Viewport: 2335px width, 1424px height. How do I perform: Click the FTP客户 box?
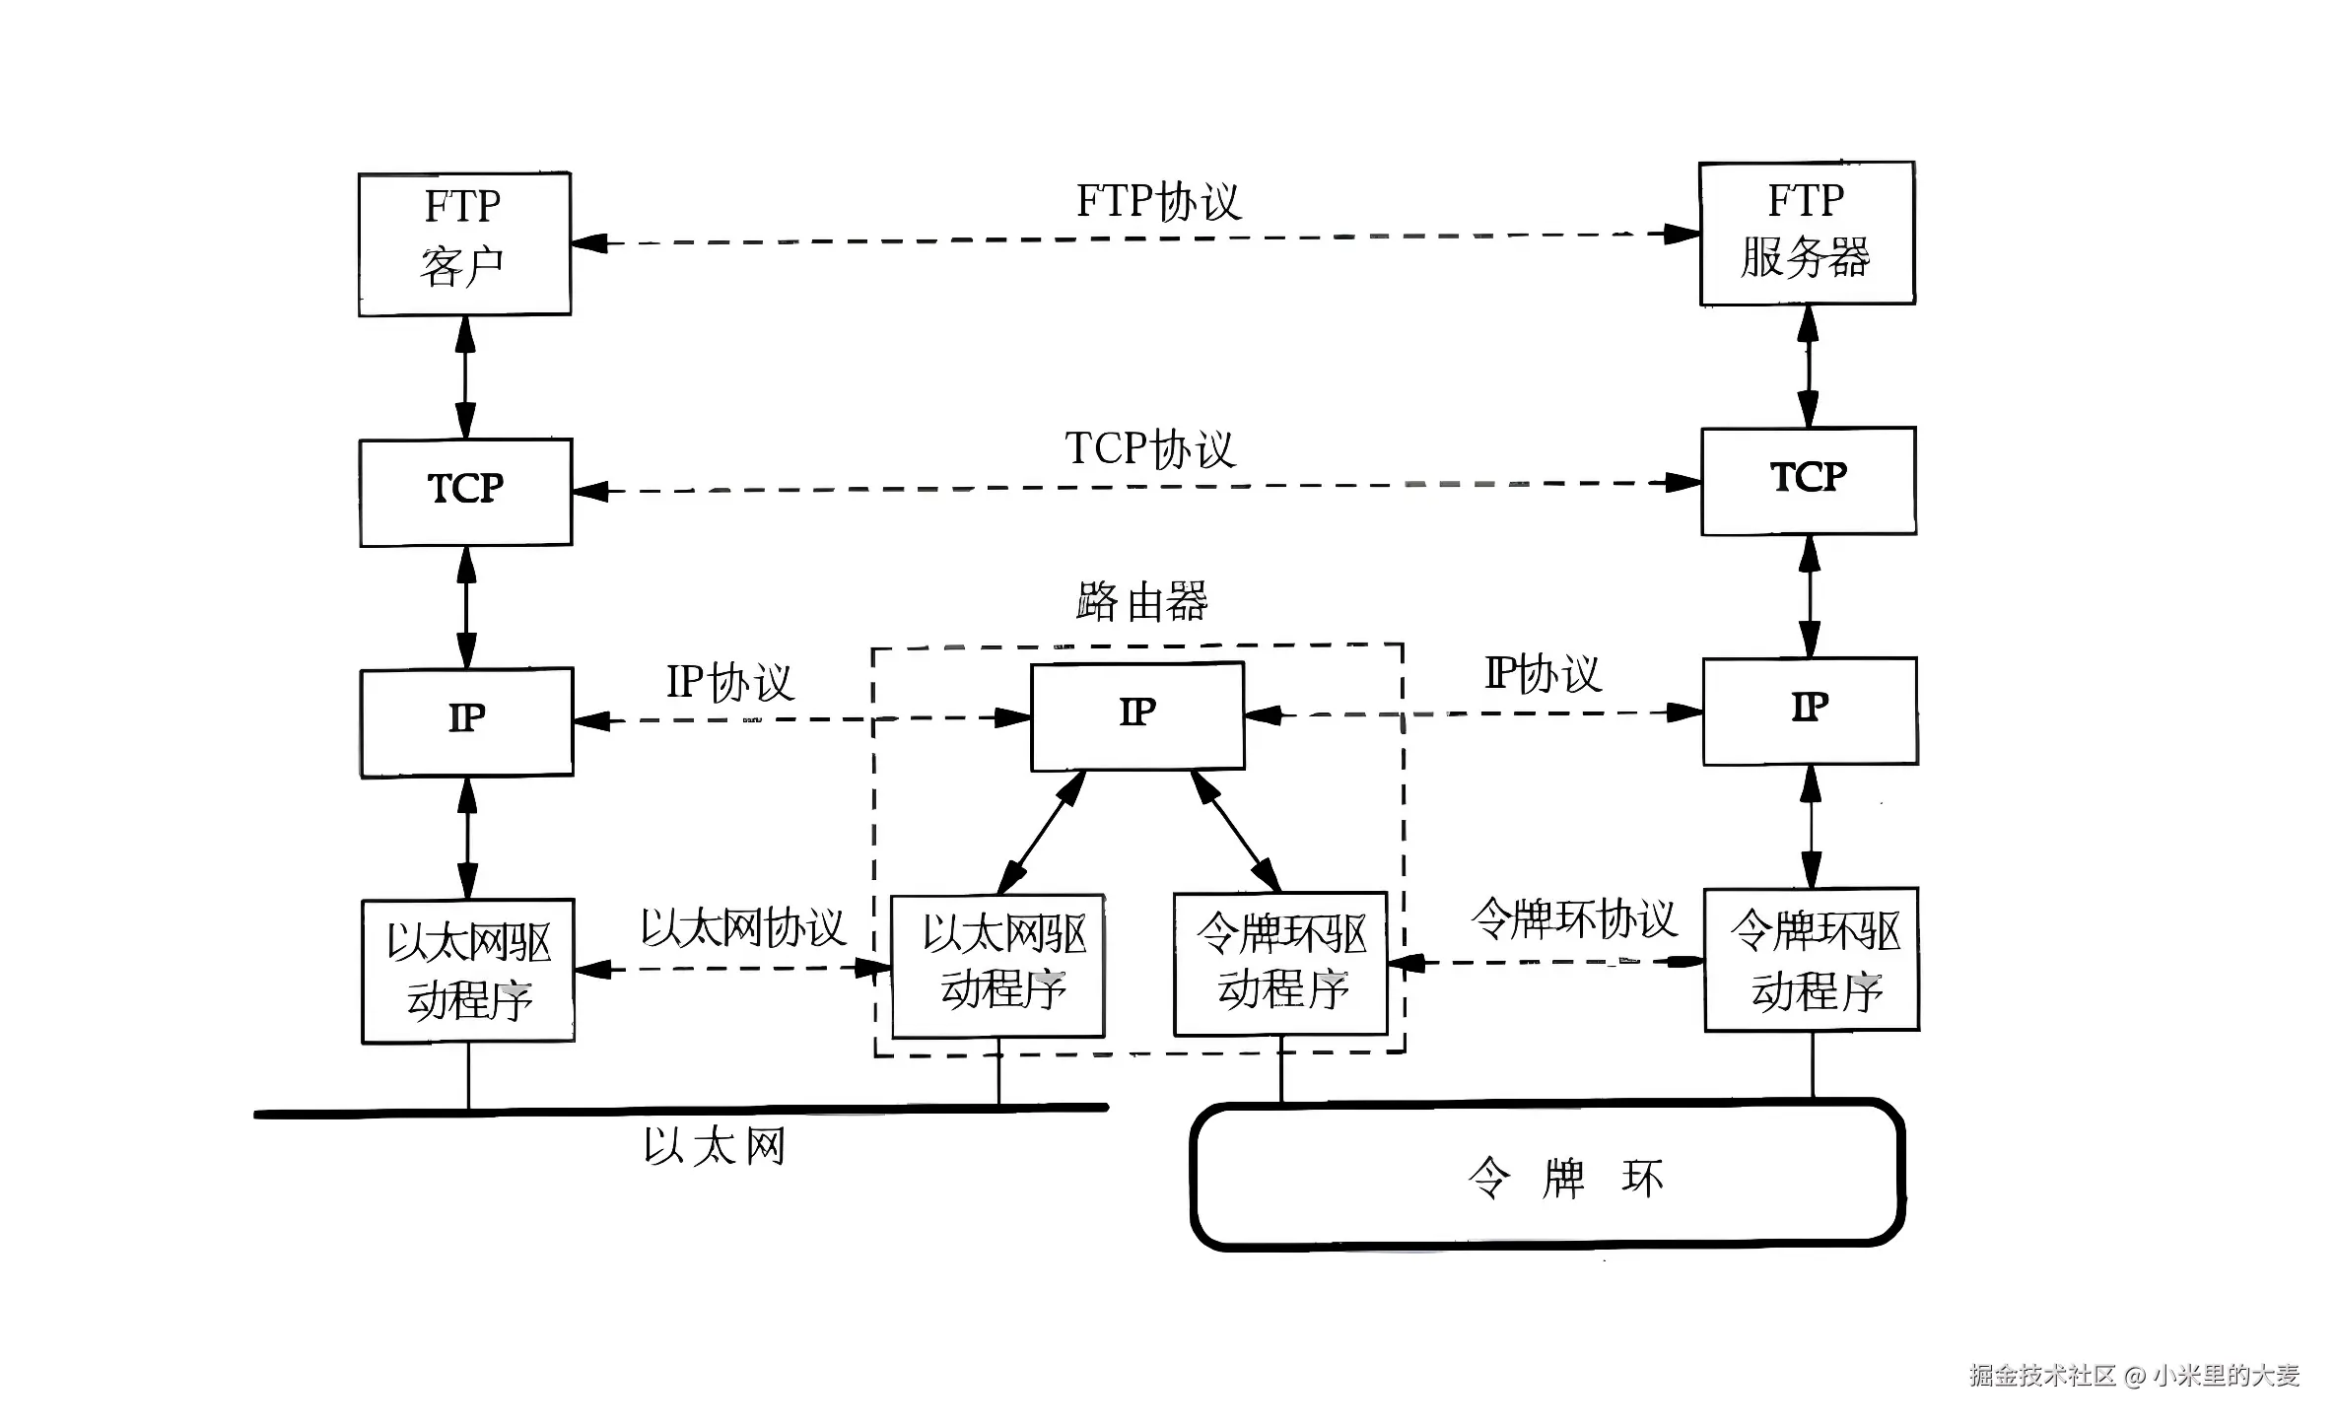tap(464, 244)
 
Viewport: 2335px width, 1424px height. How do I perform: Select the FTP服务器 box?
tap(1807, 234)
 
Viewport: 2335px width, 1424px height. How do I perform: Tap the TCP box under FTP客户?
tap(465, 492)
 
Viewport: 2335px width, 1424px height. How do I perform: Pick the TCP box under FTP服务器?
tap(1809, 481)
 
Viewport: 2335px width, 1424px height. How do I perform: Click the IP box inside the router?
tap(1137, 715)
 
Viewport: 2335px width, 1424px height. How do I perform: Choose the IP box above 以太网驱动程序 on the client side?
tap(466, 722)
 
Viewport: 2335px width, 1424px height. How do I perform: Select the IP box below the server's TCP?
tap(1810, 711)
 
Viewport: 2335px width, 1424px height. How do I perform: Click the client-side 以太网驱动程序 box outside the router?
tap(468, 971)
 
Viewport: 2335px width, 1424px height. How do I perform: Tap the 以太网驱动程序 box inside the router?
tap(997, 966)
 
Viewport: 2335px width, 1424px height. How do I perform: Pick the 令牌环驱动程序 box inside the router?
tap(1280, 964)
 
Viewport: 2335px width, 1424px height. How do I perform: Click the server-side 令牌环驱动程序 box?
tap(1812, 960)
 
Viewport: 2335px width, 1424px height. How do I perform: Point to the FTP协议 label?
tap(1157, 202)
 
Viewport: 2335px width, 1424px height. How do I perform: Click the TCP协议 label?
tap(1149, 449)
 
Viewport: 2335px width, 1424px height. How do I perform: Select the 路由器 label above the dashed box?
tap(1141, 601)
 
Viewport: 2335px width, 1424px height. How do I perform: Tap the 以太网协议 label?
tap(743, 927)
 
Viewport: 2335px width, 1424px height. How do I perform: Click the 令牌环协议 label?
tap(1573, 919)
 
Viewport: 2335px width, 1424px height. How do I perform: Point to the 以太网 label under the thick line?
tap(715, 1147)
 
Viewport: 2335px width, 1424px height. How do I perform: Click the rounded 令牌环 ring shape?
tap(1547, 1176)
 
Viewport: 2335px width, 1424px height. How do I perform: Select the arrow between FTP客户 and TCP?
tap(465, 376)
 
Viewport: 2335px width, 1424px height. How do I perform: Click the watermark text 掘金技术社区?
tap(2042, 1376)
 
